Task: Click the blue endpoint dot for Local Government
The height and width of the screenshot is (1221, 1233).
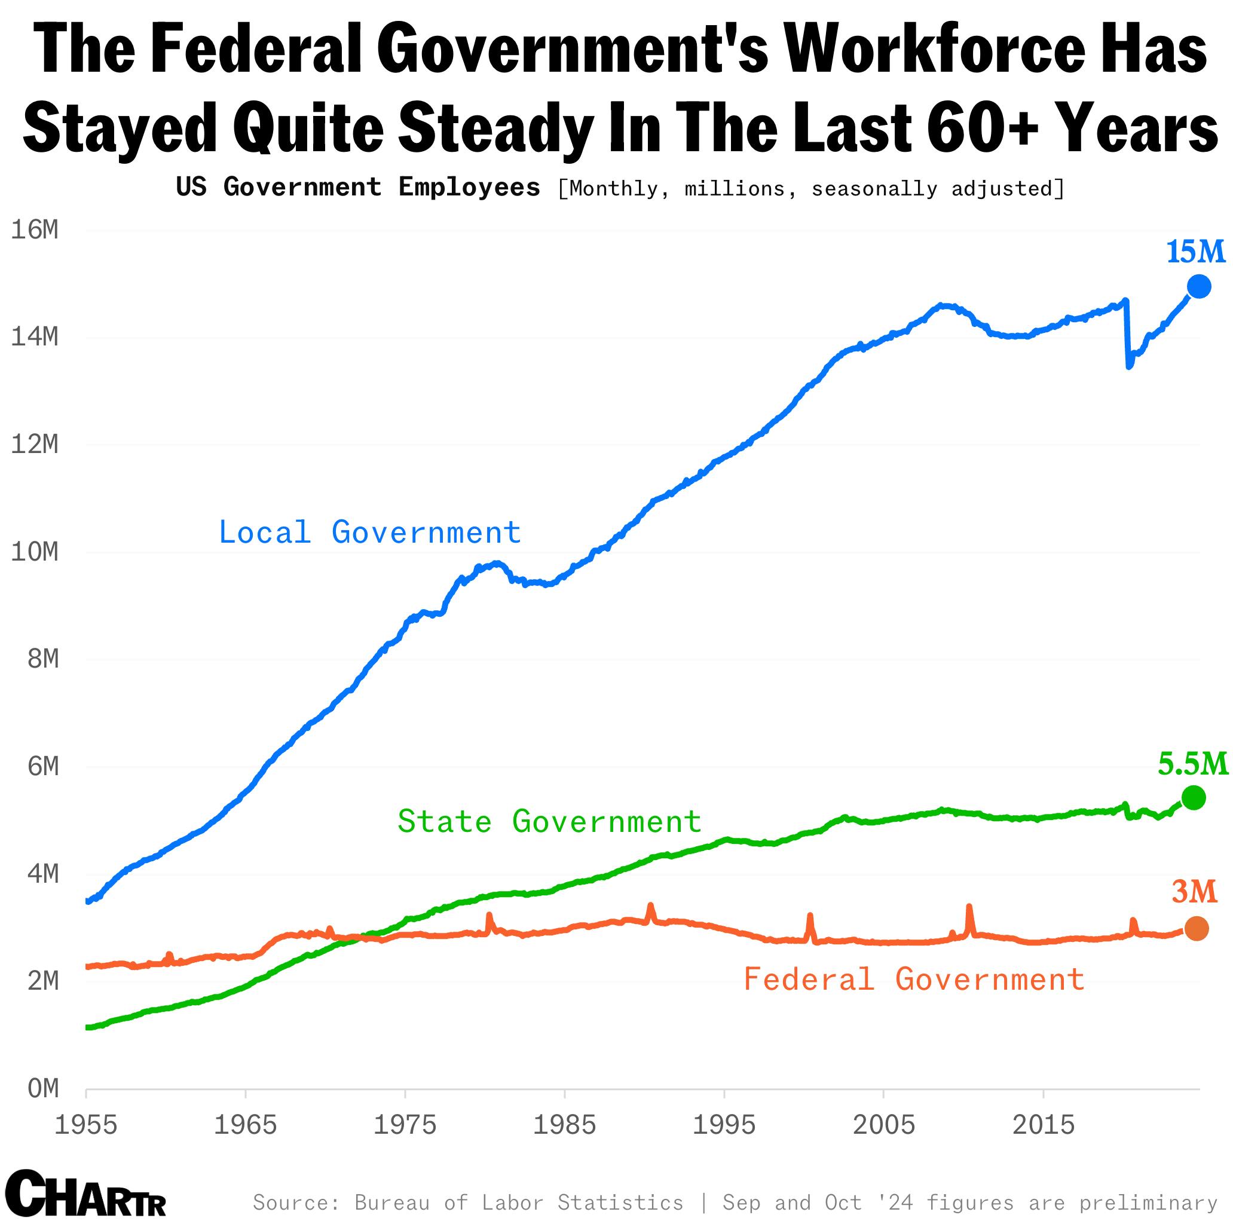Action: tap(1198, 287)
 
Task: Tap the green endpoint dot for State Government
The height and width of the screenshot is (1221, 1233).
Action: tap(1194, 797)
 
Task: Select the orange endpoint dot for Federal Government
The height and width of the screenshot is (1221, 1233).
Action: tap(1196, 928)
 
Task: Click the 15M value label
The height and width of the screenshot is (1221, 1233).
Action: tap(1195, 252)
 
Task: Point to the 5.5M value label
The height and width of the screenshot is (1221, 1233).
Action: tap(1193, 763)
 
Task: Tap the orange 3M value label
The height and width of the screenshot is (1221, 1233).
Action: tap(1194, 892)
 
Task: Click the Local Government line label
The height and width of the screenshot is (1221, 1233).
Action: tap(369, 533)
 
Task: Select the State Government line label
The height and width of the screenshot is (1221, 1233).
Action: tap(549, 821)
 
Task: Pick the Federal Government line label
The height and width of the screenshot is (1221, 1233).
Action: tap(913, 979)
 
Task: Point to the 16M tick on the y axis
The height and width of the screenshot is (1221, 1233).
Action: tap(35, 229)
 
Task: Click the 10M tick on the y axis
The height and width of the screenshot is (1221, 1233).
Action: tap(35, 552)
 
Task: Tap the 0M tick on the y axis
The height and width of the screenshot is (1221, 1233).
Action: tap(43, 1088)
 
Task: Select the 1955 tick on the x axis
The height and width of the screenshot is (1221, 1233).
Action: tap(86, 1125)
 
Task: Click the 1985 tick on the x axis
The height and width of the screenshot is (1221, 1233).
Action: tap(564, 1125)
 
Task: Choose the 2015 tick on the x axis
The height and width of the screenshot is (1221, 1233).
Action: tap(1044, 1125)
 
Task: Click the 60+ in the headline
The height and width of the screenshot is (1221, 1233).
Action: tap(978, 128)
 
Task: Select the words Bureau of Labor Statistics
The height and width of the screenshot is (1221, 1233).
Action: tap(519, 1202)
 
